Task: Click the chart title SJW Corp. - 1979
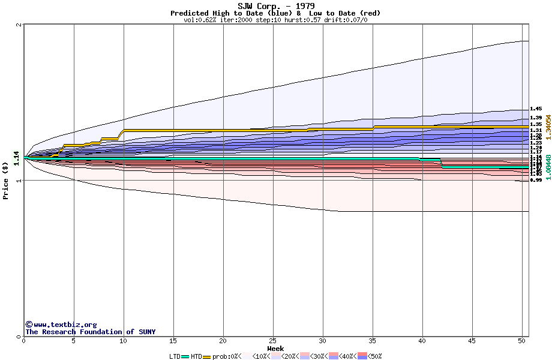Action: coord(275,6)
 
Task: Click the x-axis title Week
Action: coord(275,349)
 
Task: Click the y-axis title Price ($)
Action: coord(5,181)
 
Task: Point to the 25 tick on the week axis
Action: coord(273,341)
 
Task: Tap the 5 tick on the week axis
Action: coord(74,341)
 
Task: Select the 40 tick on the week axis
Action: coord(422,341)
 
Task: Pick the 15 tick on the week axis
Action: coord(173,341)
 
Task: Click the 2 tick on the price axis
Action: coord(19,25)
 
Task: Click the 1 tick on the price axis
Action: coord(19,181)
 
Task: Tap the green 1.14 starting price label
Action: coord(17,158)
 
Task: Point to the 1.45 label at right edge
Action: coord(536,109)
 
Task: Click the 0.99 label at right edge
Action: coord(536,180)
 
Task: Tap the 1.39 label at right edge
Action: coord(536,118)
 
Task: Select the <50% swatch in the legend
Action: coord(363,356)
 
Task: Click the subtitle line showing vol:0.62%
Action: coord(275,20)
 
